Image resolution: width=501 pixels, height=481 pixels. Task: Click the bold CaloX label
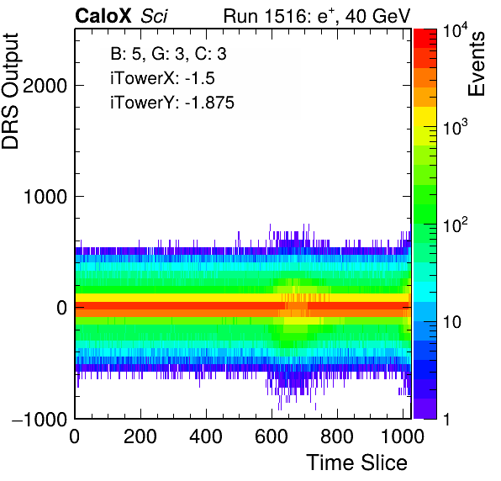(x=103, y=16)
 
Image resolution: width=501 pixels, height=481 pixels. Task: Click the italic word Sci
(x=154, y=16)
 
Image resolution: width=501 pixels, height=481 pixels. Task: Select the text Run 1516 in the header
(x=265, y=16)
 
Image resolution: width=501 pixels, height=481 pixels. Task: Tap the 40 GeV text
(x=377, y=16)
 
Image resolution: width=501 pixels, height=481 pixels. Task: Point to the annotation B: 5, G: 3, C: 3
(x=168, y=54)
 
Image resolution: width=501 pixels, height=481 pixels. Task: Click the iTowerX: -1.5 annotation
(x=162, y=78)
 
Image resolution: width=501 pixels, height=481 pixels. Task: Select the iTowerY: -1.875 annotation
(x=172, y=103)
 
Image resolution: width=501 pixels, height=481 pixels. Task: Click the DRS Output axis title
(x=10, y=91)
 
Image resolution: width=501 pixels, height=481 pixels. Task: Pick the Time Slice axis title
(x=356, y=462)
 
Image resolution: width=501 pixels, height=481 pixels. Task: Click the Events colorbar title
(x=476, y=64)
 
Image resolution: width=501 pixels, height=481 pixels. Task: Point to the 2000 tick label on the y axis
(x=45, y=86)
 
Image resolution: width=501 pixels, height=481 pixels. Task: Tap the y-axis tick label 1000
(x=45, y=197)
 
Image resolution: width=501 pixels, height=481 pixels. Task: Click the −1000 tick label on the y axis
(x=40, y=419)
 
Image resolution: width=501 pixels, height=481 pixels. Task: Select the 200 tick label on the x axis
(x=140, y=436)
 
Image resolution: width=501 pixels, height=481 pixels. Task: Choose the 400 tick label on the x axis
(x=206, y=436)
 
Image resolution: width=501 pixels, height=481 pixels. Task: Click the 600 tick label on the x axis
(x=272, y=436)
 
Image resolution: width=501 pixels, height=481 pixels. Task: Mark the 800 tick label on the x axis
(x=337, y=436)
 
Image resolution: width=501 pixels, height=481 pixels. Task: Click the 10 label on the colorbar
(x=451, y=322)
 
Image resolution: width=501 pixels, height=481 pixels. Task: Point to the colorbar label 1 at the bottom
(x=446, y=420)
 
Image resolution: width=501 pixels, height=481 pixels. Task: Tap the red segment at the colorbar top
(x=425, y=39)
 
